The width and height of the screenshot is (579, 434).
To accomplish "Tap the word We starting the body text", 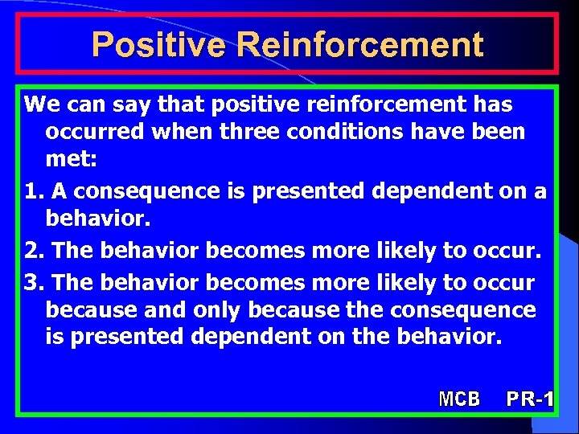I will coord(38,104).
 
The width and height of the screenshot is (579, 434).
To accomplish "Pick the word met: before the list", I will coord(71,160).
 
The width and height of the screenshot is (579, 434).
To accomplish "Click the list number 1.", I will coord(33,191).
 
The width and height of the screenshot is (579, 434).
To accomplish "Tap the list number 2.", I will coord(33,251).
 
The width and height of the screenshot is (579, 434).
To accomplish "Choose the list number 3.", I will coord(33,282).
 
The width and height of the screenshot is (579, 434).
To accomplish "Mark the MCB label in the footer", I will coord(459,398).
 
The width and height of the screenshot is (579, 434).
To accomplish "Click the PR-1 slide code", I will coord(530,398).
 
